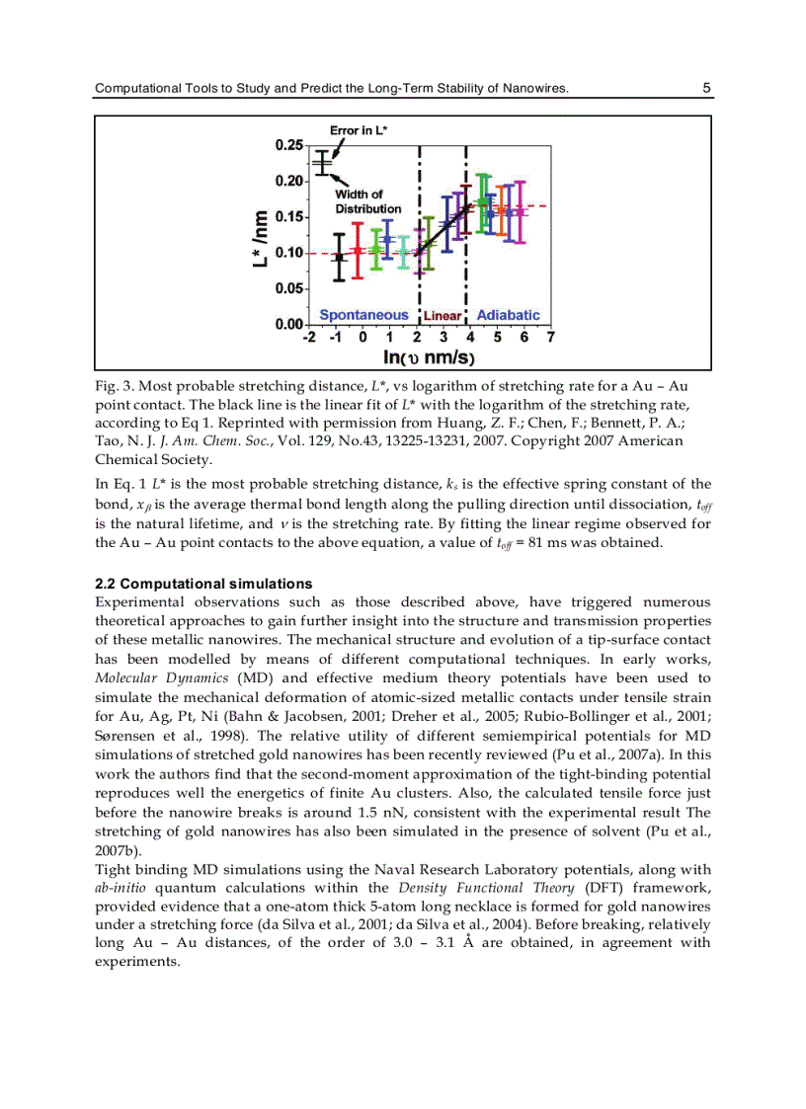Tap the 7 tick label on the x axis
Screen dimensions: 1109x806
[550, 337]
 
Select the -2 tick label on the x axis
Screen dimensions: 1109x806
[310, 337]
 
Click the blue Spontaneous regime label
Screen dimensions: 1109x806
[363, 315]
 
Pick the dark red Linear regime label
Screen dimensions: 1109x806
[443, 316]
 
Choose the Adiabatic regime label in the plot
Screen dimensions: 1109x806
[508, 315]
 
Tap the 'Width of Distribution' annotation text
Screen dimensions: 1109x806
[367, 201]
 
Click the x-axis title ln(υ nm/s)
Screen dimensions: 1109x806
[429, 356]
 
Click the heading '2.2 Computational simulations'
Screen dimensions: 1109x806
[202, 584]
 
